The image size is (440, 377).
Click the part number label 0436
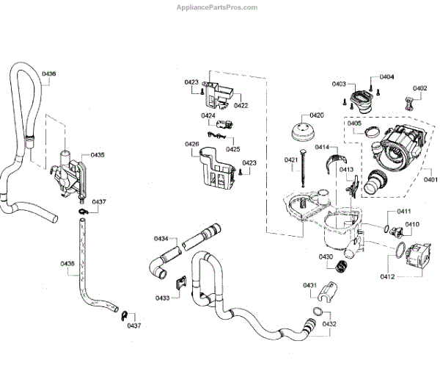click(x=49, y=73)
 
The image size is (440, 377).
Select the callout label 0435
click(x=98, y=155)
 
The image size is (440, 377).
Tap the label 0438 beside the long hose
click(x=67, y=263)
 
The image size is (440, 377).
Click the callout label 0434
click(x=161, y=238)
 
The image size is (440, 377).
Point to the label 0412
click(x=387, y=276)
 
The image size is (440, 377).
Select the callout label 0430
click(x=326, y=256)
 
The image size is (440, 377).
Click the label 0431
click(x=310, y=284)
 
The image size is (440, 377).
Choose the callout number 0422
click(x=241, y=105)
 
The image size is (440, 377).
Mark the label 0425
click(x=232, y=149)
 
